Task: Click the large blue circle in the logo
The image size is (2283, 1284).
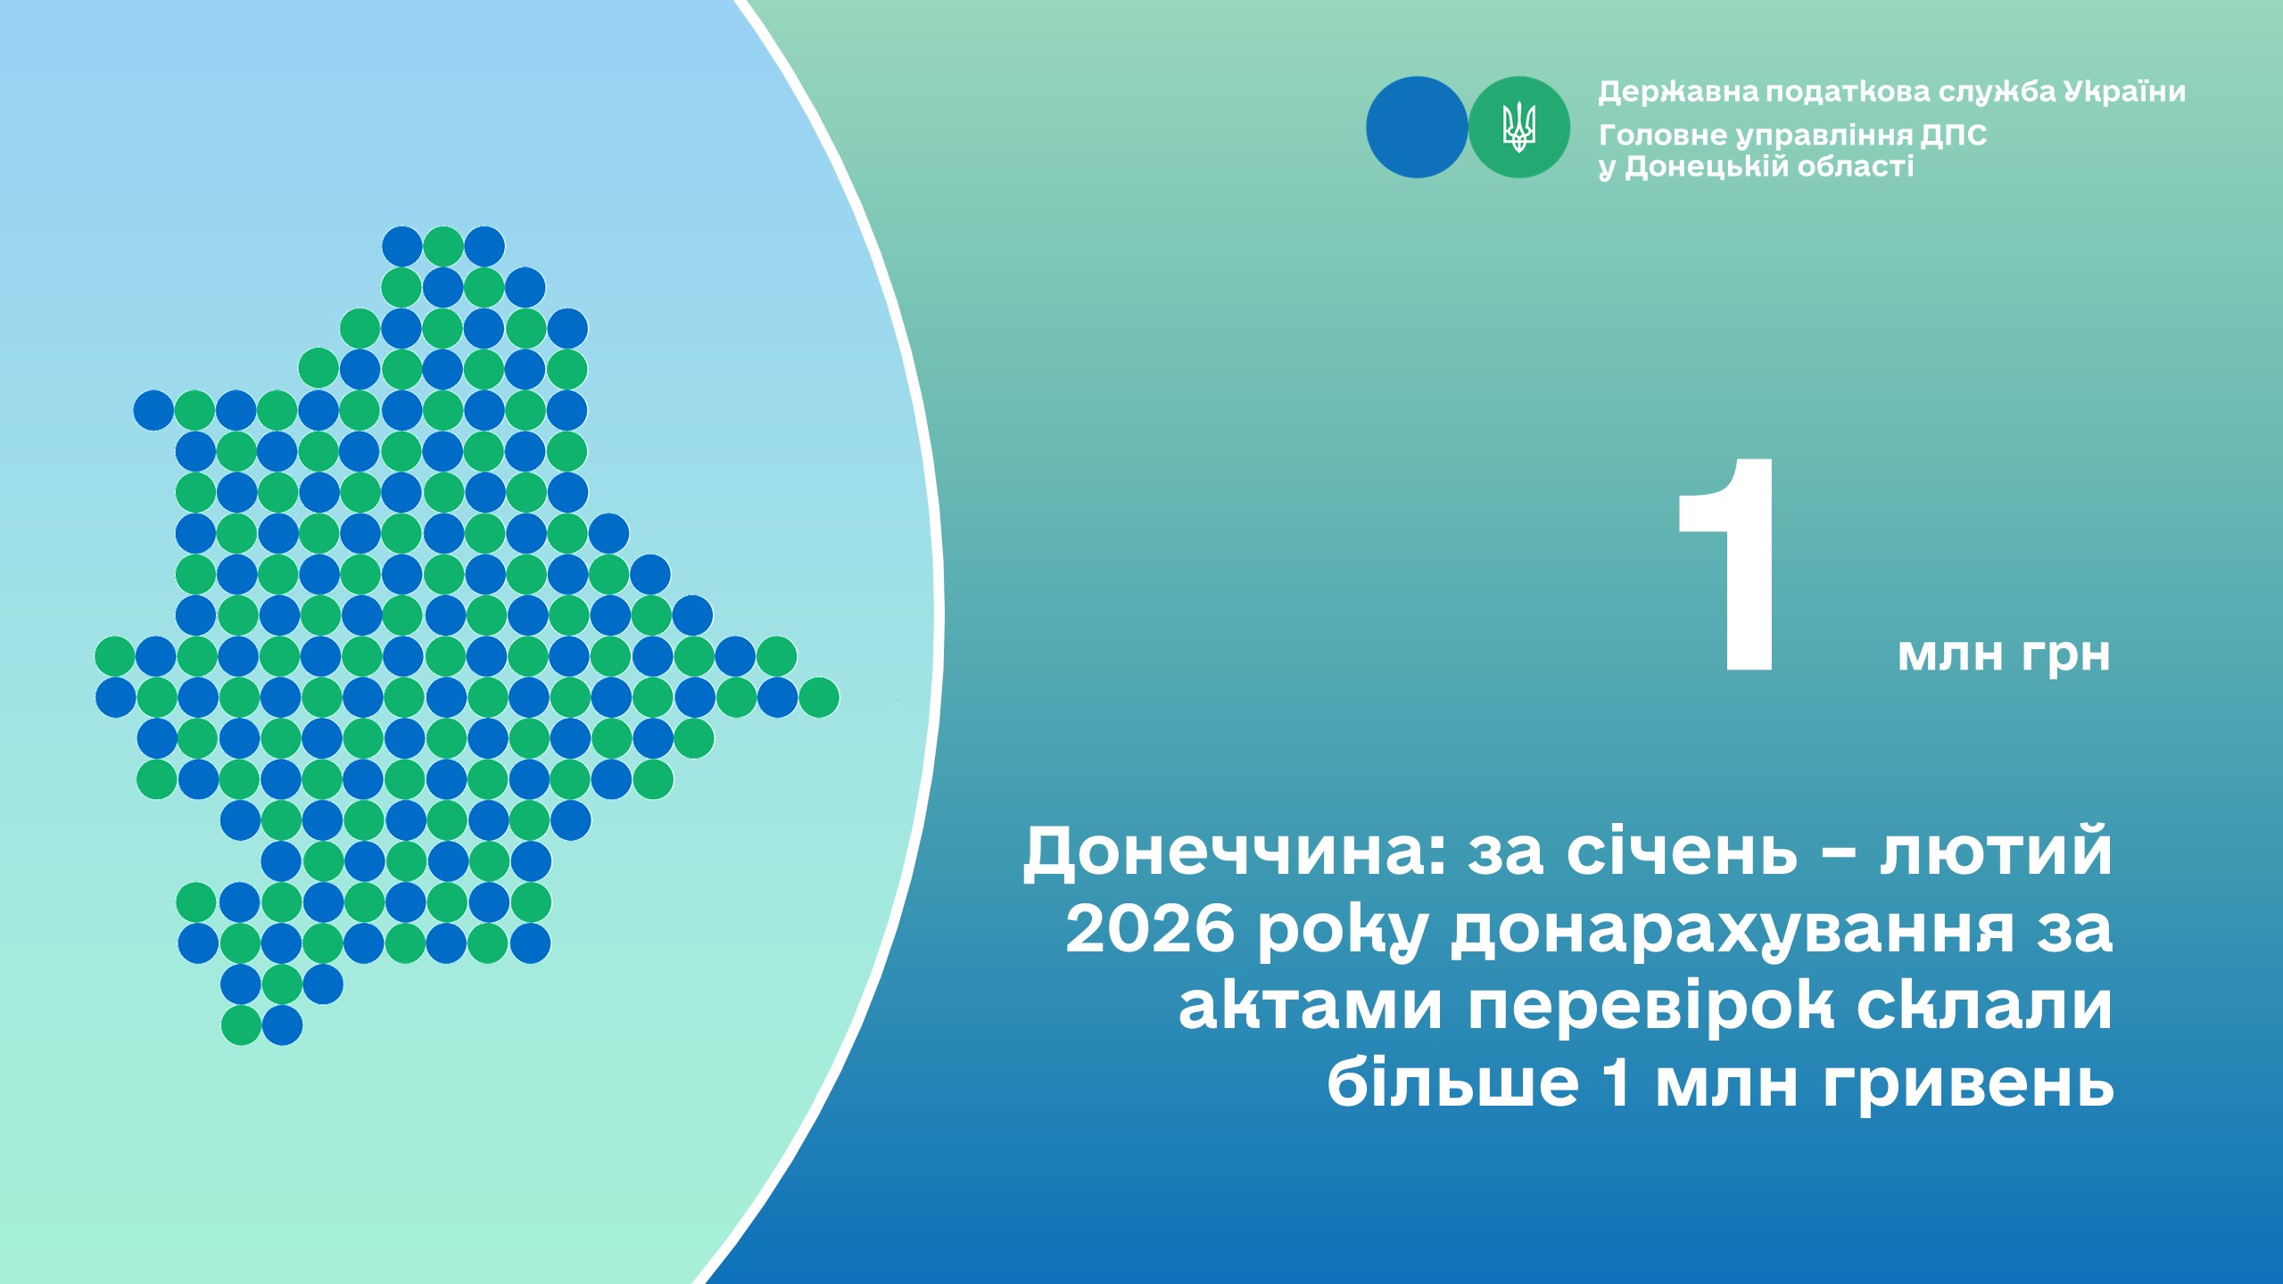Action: coord(1417,128)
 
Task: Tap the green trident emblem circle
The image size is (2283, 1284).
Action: coord(1519,128)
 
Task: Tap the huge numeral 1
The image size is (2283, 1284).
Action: coord(1728,565)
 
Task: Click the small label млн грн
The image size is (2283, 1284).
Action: coord(2004,654)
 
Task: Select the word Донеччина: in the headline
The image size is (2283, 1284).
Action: coord(1235,852)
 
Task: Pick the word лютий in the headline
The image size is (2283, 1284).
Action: coord(1997,852)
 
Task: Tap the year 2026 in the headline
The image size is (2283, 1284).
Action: coord(1150,928)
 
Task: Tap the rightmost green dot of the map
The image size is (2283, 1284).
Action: coord(819,697)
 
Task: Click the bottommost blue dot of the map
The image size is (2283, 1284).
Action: coord(282,1025)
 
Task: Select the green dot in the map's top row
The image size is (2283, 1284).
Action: coord(443,247)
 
